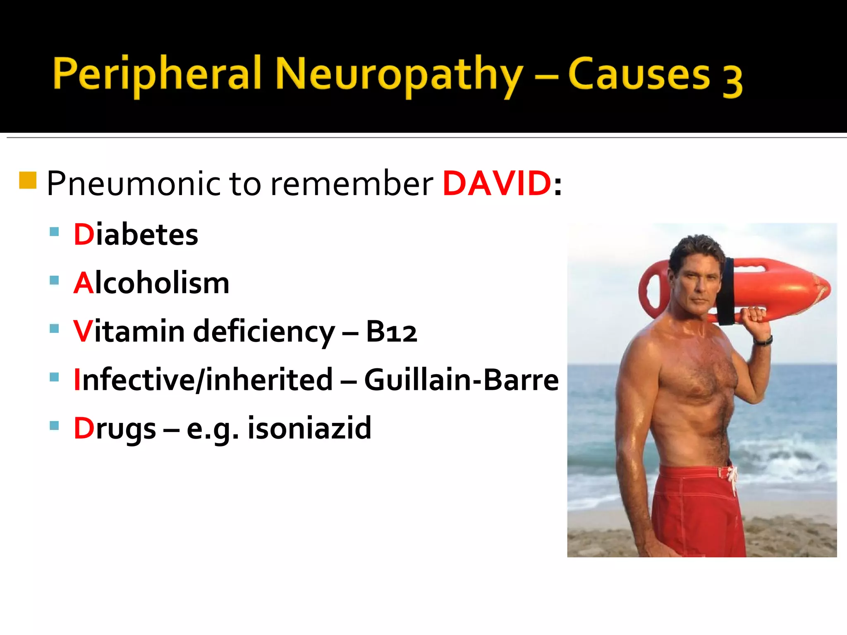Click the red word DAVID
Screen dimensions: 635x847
tap(497, 183)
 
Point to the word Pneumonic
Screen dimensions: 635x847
tap(134, 183)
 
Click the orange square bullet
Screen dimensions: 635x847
tap(28, 180)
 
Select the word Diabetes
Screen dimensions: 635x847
tap(136, 234)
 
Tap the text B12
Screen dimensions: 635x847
tap(391, 332)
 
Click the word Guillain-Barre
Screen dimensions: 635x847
tap(462, 380)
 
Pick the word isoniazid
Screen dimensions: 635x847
tap(309, 428)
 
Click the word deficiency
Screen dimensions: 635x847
tap(264, 332)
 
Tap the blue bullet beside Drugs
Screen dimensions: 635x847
tap(54, 425)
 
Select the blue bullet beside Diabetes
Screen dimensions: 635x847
tap(54, 232)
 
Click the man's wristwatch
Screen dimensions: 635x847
tap(763, 341)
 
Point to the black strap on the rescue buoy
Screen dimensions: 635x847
tap(726, 291)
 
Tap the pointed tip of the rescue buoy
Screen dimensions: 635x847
tap(828, 288)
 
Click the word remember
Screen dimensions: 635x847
tap(352, 183)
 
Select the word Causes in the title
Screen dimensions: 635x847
tap(639, 74)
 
